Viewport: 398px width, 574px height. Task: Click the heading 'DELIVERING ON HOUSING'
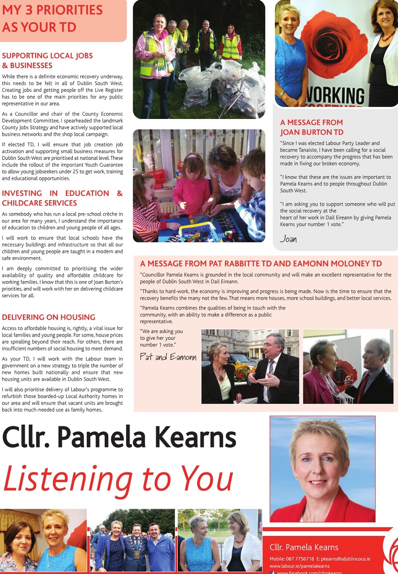pos(48,317)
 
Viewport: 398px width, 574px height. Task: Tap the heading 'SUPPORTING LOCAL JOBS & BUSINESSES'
pos(47,60)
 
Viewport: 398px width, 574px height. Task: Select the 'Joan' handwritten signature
pos(288,239)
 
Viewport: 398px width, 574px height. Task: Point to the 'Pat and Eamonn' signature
pos(168,357)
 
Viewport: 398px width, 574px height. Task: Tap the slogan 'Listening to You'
pos(118,479)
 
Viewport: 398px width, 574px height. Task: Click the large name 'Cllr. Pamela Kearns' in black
pos(119,437)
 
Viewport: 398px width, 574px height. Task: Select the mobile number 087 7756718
pos(300,559)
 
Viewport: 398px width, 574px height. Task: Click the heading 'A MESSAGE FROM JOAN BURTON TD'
pos(312,127)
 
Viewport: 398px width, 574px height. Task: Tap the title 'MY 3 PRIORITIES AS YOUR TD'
pos(53,19)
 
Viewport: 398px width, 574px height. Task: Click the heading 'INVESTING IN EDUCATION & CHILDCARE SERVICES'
pos(62,198)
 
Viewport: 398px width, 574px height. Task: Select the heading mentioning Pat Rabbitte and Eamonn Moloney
pos(261,264)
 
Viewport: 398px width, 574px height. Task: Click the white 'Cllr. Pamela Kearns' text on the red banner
pos(304,547)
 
